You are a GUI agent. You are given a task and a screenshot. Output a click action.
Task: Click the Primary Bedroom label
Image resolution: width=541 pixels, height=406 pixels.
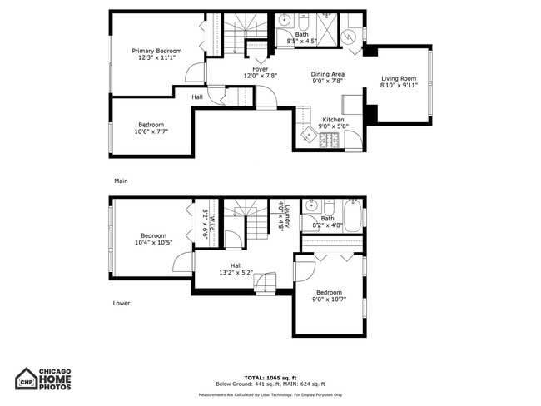click(x=157, y=51)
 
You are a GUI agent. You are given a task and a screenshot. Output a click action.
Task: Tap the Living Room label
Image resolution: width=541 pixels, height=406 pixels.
click(x=398, y=79)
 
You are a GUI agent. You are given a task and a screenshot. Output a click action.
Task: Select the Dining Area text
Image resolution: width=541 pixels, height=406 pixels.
click(x=328, y=74)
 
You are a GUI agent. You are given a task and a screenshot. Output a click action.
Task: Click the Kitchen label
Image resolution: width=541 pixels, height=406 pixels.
click(x=333, y=119)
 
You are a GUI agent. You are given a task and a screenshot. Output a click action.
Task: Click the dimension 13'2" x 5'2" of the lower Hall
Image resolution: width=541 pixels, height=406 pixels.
click(x=236, y=272)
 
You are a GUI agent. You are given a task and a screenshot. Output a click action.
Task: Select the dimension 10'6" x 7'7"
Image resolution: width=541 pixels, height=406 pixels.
click(x=153, y=131)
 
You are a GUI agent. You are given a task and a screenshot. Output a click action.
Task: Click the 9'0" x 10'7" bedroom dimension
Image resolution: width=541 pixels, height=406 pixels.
click(x=329, y=299)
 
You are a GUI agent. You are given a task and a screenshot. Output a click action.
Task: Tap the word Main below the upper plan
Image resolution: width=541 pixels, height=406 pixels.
click(x=121, y=181)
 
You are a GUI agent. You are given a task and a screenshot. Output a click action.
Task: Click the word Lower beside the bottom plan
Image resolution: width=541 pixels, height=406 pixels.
click(x=122, y=303)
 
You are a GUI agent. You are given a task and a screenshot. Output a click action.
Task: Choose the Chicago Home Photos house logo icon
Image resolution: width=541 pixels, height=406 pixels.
click(x=27, y=379)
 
